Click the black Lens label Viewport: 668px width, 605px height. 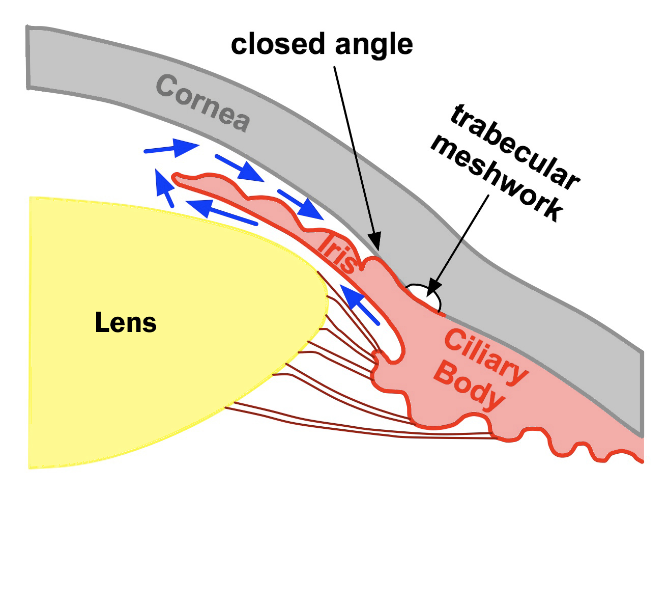click(126, 323)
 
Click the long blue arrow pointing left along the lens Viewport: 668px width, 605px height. click(222, 212)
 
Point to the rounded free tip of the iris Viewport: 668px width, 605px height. click(176, 178)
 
